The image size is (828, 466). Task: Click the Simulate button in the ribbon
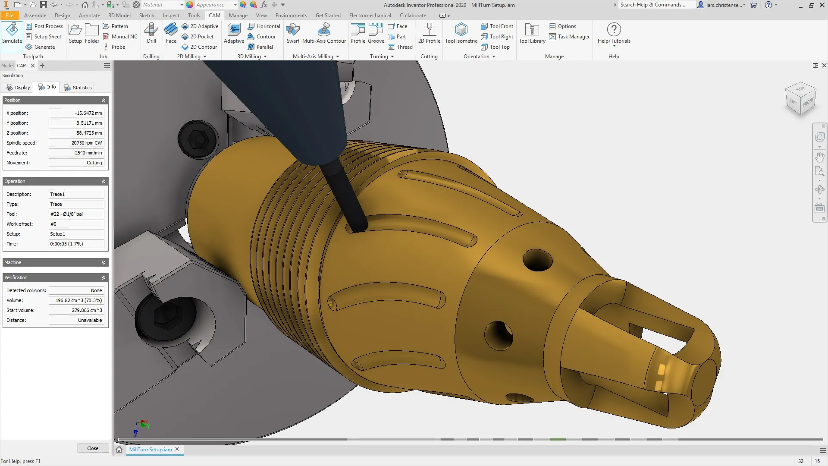point(12,34)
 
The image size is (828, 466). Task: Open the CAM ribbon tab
point(214,15)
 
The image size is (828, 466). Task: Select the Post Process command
point(44,26)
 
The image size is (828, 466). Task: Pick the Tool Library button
point(532,34)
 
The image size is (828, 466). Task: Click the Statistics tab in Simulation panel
point(78,88)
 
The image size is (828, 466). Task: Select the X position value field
point(76,113)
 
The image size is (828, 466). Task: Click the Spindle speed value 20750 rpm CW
point(76,143)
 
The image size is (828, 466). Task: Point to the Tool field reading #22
point(76,214)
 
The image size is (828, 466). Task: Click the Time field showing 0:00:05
point(76,244)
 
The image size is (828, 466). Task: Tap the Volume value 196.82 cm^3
point(76,300)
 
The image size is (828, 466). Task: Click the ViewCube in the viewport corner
point(801,99)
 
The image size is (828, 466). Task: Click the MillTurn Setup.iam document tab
point(150,449)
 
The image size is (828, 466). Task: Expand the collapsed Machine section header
point(55,262)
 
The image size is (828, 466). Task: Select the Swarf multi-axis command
point(293,34)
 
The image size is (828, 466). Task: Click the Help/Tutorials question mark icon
point(614,30)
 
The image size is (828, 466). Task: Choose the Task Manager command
point(569,37)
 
